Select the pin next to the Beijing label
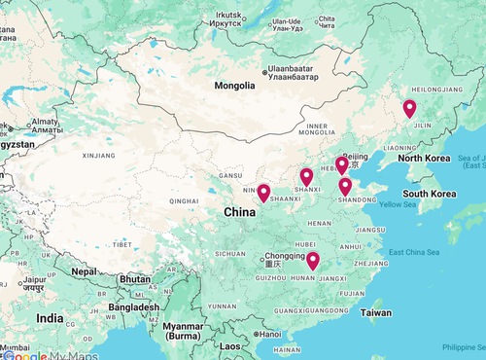tap(341, 164)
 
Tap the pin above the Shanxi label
tap(306, 176)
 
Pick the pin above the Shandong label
tap(345, 186)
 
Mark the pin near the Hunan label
tap(313, 260)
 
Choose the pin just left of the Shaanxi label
tap(262, 193)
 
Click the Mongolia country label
tap(234, 86)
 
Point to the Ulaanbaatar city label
tap(295, 72)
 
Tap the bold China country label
tap(240, 212)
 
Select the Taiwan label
tap(376, 313)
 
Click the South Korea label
tap(431, 194)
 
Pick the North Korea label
tap(424, 158)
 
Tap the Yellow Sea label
tap(397, 204)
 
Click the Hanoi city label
tap(268, 335)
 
